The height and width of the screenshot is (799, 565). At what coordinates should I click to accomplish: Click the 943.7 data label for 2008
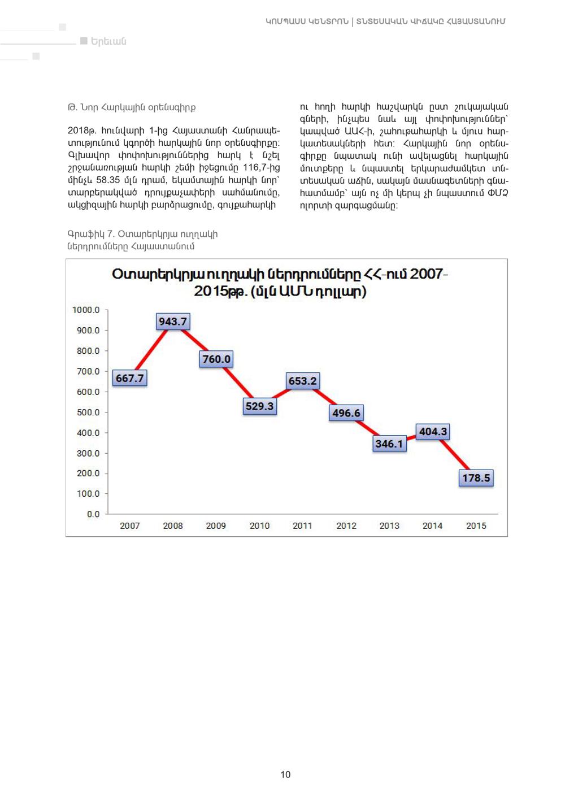[173, 322]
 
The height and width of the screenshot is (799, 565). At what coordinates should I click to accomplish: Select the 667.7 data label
[129, 377]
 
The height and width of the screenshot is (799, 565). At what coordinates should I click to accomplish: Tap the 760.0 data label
[216, 359]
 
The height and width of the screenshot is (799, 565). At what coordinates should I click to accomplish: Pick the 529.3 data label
[259, 406]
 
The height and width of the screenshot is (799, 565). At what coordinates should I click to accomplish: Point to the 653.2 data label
[302, 381]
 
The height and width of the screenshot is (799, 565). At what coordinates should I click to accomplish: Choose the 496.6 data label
[346, 412]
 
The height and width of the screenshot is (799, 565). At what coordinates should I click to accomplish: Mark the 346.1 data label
[389, 444]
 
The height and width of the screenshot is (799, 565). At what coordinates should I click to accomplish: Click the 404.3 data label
[433, 432]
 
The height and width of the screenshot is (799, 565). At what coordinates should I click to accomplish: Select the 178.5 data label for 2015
[476, 477]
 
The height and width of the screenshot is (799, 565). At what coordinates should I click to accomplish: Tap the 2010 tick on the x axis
[259, 526]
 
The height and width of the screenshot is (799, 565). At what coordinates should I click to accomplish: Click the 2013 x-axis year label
[389, 526]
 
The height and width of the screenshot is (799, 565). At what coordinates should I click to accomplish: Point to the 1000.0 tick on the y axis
[86, 310]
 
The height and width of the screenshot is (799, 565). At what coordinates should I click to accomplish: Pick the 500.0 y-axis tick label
[88, 412]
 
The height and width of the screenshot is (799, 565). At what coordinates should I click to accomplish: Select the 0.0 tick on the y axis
[93, 514]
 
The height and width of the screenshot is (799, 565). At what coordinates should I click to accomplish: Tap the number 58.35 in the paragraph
[108, 180]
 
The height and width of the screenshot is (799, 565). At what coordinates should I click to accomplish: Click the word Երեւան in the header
[108, 41]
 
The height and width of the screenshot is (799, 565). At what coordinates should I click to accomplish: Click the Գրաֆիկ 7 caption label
[91, 234]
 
